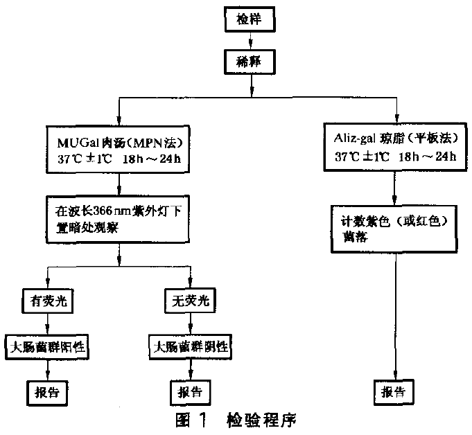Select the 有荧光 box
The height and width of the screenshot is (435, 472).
(47, 302)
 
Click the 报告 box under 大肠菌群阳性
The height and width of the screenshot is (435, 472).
(47, 390)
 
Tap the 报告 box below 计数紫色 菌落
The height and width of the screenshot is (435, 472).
(395, 390)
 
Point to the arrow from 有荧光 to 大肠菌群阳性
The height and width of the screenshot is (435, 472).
(47, 323)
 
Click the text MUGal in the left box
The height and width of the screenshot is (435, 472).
(71, 141)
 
